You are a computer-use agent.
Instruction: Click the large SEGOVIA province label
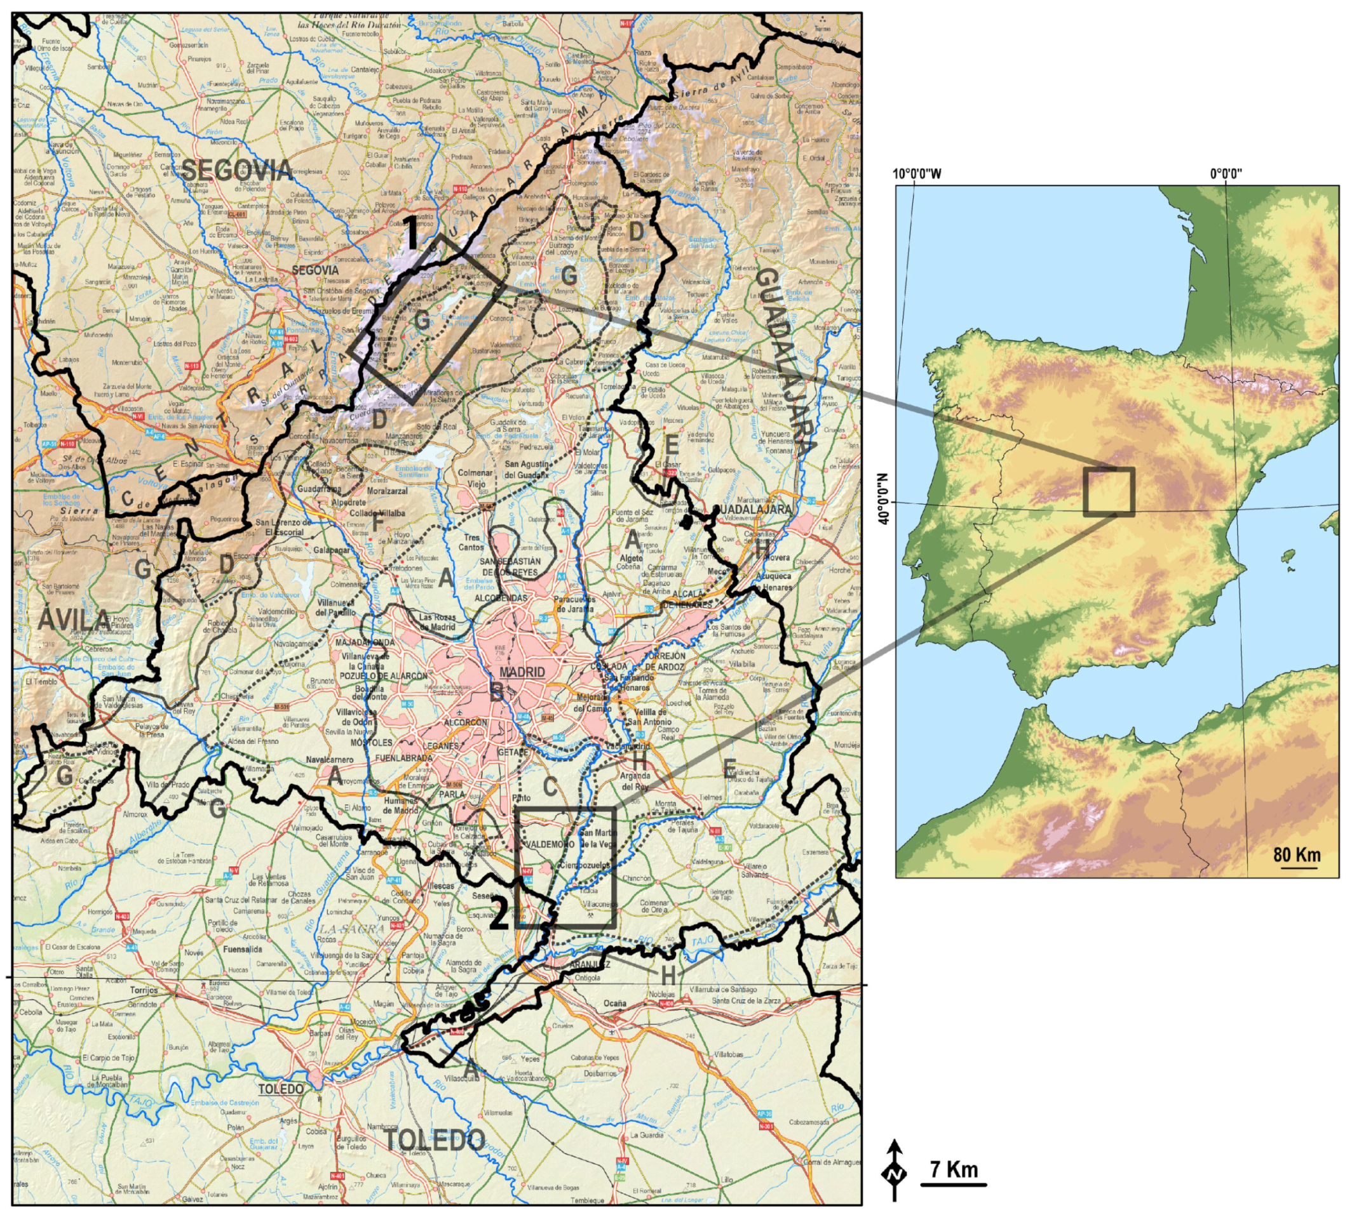pos(236,171)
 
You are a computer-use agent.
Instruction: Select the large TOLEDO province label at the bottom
pos(434,1139)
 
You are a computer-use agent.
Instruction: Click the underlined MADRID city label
pos(522,672)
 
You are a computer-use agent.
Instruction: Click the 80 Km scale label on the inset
pos(1297,856)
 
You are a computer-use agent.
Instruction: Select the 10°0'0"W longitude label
pos(917,174)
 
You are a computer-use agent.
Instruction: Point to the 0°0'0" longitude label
pos(1226,174)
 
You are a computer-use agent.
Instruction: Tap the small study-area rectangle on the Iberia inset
pos(1109,492)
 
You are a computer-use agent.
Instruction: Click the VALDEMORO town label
pos(550,844)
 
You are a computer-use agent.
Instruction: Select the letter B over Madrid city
pos(497,693)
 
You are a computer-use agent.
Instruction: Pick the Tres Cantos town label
pos(471,542)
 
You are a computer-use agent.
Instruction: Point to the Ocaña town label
pos(614,1003)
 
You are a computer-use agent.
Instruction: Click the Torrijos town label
pos(143,990)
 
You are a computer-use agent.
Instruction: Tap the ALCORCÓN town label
pos(466,722)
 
